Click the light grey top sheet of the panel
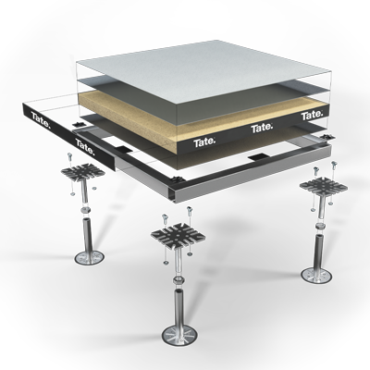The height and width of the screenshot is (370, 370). (203, 69)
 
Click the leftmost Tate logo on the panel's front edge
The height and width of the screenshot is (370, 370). (204, 142)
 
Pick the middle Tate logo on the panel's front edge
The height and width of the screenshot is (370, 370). (262, 128)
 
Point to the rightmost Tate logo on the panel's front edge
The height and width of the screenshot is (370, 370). (312, 116)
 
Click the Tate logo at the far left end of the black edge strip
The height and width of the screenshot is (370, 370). (40, 120)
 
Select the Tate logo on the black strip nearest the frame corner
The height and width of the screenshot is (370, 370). (85, 147)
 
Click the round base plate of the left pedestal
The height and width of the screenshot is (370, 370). (90, 257)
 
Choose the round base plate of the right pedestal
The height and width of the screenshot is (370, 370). (316, 275)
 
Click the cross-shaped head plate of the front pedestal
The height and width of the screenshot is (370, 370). (179, 236)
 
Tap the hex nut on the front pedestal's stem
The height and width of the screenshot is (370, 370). (179, 282)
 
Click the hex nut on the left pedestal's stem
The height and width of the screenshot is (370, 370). (85, 211)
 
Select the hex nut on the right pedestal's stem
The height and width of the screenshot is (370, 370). (320, 227)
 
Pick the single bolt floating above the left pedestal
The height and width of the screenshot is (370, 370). (70, 159)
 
